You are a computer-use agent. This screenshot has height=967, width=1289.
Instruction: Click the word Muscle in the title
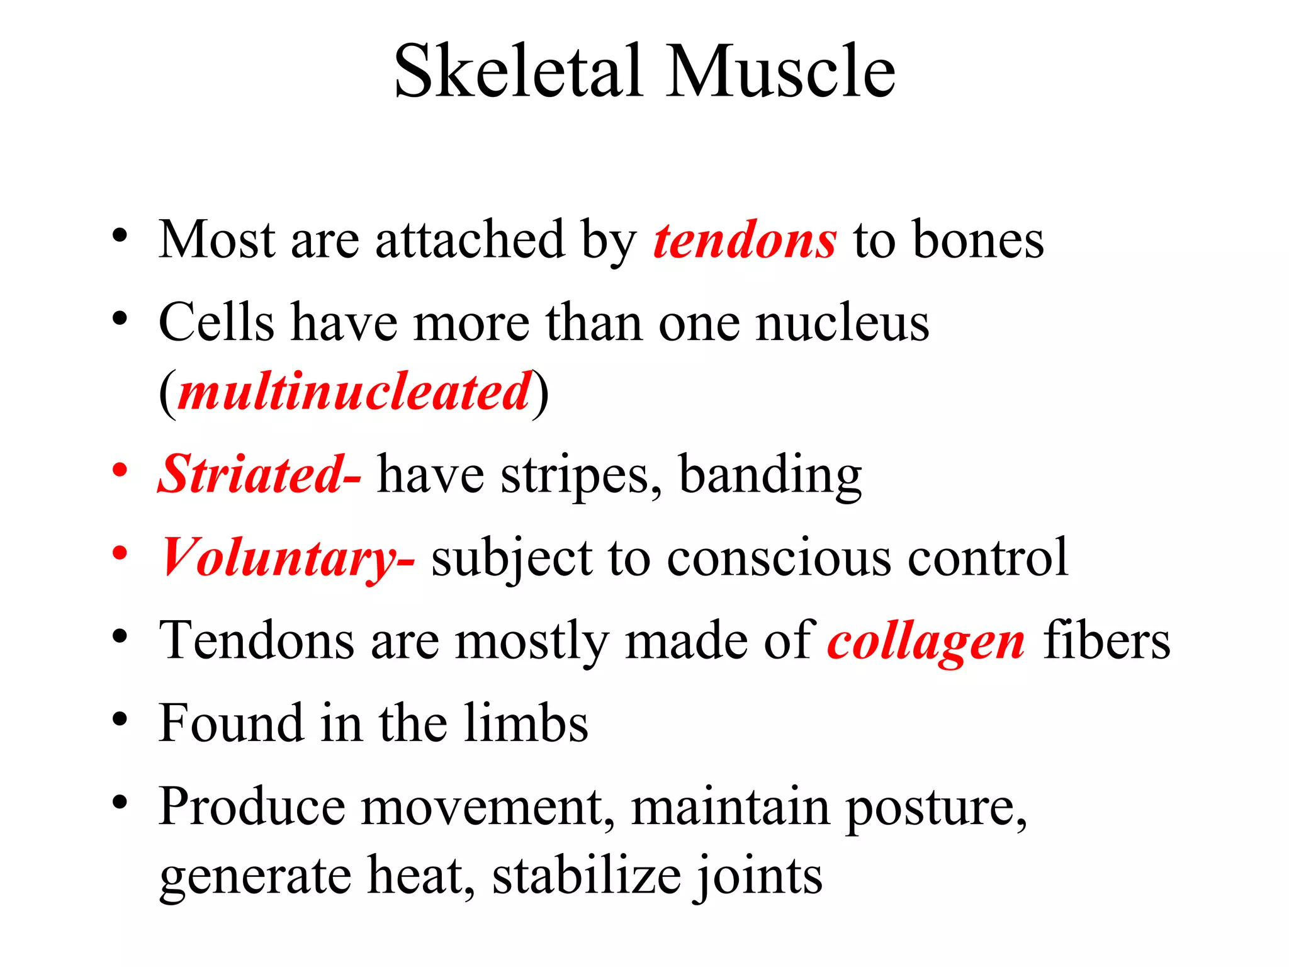coord(780,71)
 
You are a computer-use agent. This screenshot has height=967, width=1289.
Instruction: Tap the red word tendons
coord(745,240)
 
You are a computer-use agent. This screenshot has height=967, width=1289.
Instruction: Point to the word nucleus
coord(842,324)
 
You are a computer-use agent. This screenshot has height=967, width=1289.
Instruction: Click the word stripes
coord(575,476)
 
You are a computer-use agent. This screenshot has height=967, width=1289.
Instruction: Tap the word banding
coord(770,476)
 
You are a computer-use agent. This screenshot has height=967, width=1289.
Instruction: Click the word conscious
coord(779,558)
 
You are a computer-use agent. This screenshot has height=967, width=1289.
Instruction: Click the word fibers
coord(1106,641)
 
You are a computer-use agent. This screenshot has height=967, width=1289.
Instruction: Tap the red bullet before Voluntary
coord(120,553)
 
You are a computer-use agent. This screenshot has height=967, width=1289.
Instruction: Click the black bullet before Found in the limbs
coord(120,719)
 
